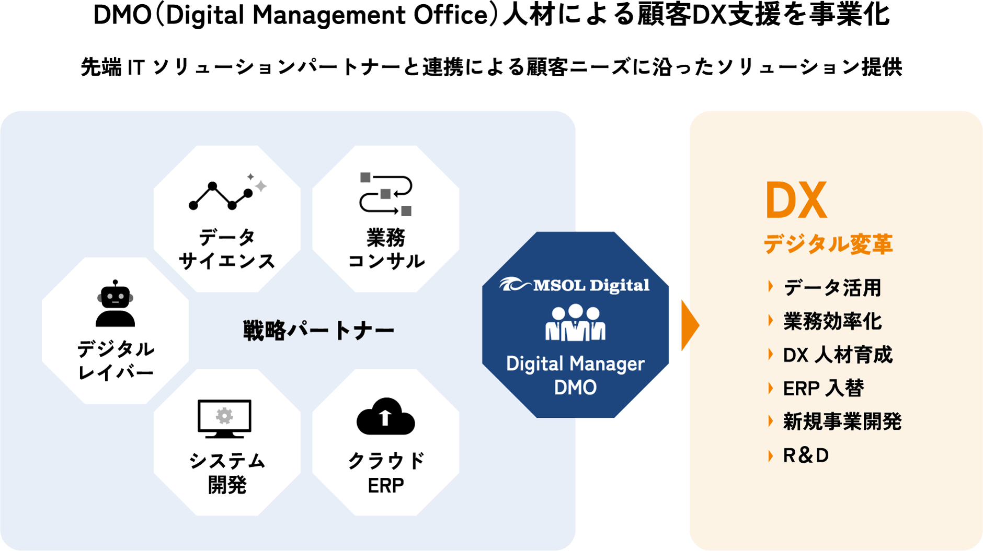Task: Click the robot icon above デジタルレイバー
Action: point(115,304)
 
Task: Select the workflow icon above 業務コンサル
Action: point(386,194)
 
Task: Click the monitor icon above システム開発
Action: point(225,418)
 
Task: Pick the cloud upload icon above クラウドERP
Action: point(386,417)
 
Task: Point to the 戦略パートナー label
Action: point(318,331)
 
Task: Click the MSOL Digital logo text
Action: point(591,285)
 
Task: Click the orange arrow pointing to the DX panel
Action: point(690,325)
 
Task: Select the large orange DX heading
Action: point(796,201)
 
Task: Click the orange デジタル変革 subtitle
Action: point(828,244)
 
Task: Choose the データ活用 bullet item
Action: point(832,288)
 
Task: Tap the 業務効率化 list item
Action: point(832,321)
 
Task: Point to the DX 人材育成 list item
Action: point(837,355)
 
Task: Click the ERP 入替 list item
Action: point(823,389)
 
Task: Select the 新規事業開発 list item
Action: point(842,422)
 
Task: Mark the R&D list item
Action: point(806,455)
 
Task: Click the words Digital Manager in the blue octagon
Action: point(575,364)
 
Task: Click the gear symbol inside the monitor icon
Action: point(225,416)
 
